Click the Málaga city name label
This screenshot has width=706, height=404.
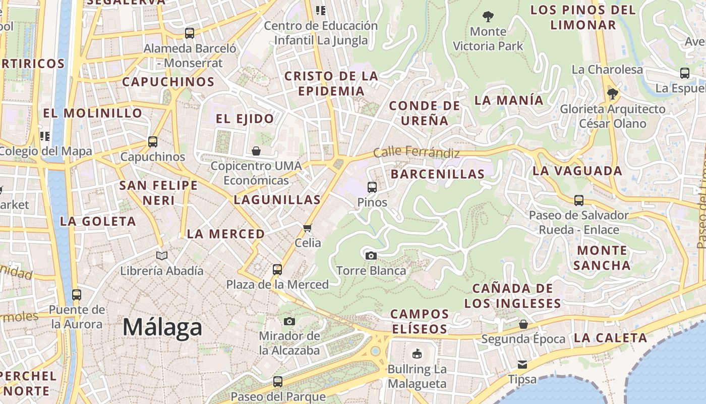tap(162, 327)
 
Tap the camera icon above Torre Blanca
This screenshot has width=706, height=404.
tap(371, 256)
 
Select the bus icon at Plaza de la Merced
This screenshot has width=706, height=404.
tap(277, 269)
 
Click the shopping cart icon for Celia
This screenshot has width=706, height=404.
tap(308, 228)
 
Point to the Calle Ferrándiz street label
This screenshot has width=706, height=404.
tap(417, 152)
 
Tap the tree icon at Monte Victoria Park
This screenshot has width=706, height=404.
tap(488, 17)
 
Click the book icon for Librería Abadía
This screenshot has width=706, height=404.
tap(161, 256)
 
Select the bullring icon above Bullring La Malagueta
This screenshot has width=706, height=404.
tap(417, 354)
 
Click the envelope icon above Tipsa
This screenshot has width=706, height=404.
tap(522, 364)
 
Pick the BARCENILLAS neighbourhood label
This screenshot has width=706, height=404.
tap(438, 174)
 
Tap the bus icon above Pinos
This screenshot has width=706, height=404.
tap(372, 187)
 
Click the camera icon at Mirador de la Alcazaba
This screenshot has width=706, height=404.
tap(289, 321)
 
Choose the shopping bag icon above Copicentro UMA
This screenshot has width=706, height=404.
tap(256, 151)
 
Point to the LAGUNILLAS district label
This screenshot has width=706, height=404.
tap(277, 199)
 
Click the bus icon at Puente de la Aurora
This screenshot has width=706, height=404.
tap(77, 294)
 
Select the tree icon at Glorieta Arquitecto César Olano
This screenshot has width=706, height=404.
tap(613, 94)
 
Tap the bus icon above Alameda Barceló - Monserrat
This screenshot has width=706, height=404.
tap(190, 33)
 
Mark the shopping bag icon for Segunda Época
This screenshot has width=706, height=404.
tap(523, 324)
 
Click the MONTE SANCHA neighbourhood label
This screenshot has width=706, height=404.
tap(602, 258)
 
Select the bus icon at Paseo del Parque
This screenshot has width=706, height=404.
tap(278, 382)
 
